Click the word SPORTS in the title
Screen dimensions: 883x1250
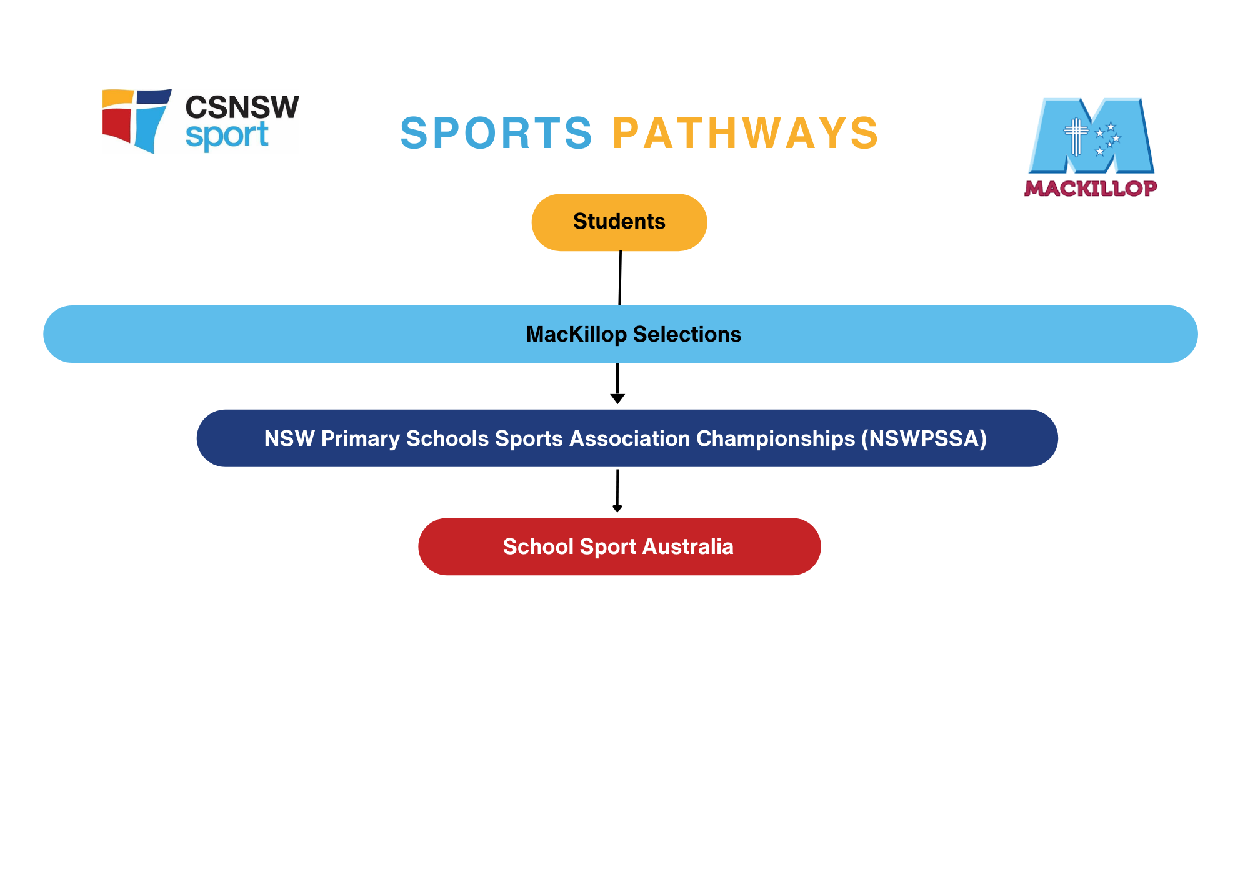click(x=496, y=134)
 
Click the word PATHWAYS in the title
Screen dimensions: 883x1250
click(x=746, y=134)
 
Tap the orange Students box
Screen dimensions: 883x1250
click(x=619, y=222)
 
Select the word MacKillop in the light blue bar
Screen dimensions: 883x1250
click(x=576, y=335)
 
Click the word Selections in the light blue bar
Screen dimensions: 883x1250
click(x=687, y=335)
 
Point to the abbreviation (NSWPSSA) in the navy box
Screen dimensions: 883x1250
click(x=924, y=438)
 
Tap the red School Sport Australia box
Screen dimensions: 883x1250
click(x=619, y=546)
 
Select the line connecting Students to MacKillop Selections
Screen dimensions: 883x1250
click(x=620, y=278)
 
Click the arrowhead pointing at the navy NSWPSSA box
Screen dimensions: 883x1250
click(x=617, y=398)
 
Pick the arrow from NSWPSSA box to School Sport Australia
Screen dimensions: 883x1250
click(x=617, y=490)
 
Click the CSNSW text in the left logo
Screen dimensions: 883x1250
click(x=242, y=107)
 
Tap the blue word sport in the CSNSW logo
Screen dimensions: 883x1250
click(x=227, y=136)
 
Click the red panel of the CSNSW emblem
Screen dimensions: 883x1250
click(x=116, y=125)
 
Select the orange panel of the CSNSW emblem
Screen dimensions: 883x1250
click(x=117, y=98)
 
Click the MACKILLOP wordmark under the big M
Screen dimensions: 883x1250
click(x=1091, y=188)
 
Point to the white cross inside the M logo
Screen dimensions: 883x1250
click(x=1076, y=136)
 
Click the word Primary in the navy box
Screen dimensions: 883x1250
click(x=360, y=439)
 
